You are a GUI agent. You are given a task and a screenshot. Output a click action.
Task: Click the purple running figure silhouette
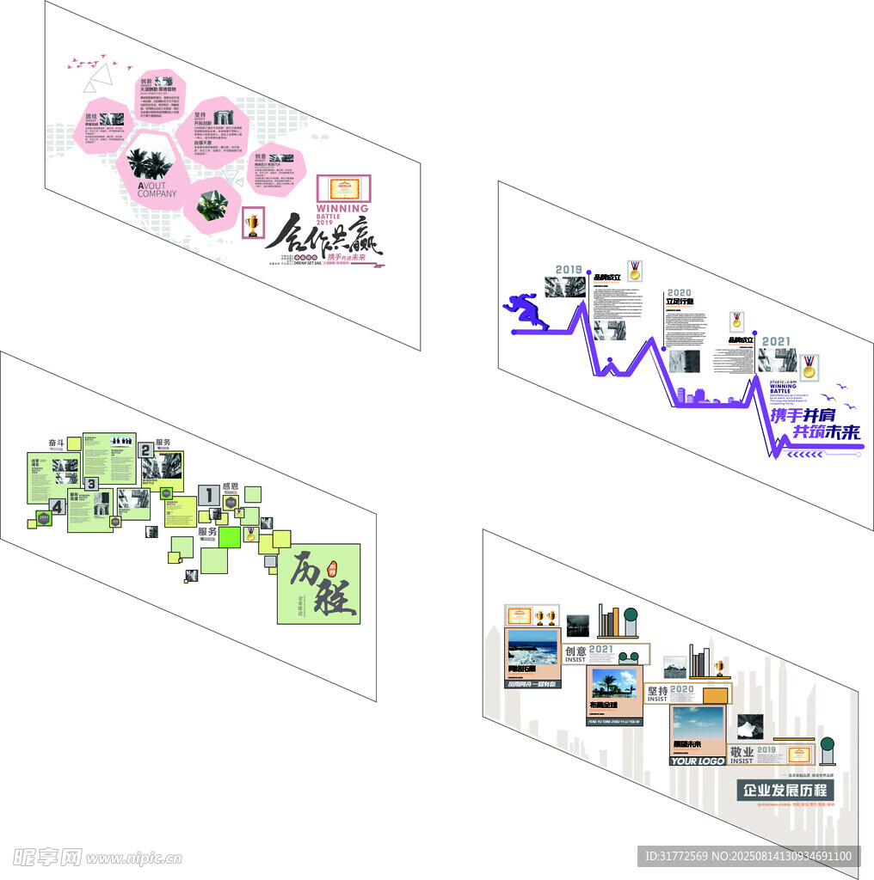(526, 310)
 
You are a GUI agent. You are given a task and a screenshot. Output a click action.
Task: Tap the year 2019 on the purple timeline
(569, 270)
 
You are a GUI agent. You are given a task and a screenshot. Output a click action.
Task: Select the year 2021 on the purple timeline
(775, 341)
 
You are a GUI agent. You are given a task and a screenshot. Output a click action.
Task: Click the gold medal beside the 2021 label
(809, 367)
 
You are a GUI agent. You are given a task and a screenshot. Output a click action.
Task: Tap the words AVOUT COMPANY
(157, 188)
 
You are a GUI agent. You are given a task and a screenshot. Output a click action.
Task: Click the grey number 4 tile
(57, 507)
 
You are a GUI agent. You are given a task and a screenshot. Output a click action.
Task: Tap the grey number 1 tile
(208, 494)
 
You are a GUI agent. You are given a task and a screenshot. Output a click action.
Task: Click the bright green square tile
(230, 537)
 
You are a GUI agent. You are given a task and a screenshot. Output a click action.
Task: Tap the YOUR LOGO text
(696, 761)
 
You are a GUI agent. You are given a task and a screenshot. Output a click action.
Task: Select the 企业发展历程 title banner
(785, 790)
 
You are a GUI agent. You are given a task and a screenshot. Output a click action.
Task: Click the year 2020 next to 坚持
(681, 689)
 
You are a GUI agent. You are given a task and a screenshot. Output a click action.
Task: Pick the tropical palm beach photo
(613, 685)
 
